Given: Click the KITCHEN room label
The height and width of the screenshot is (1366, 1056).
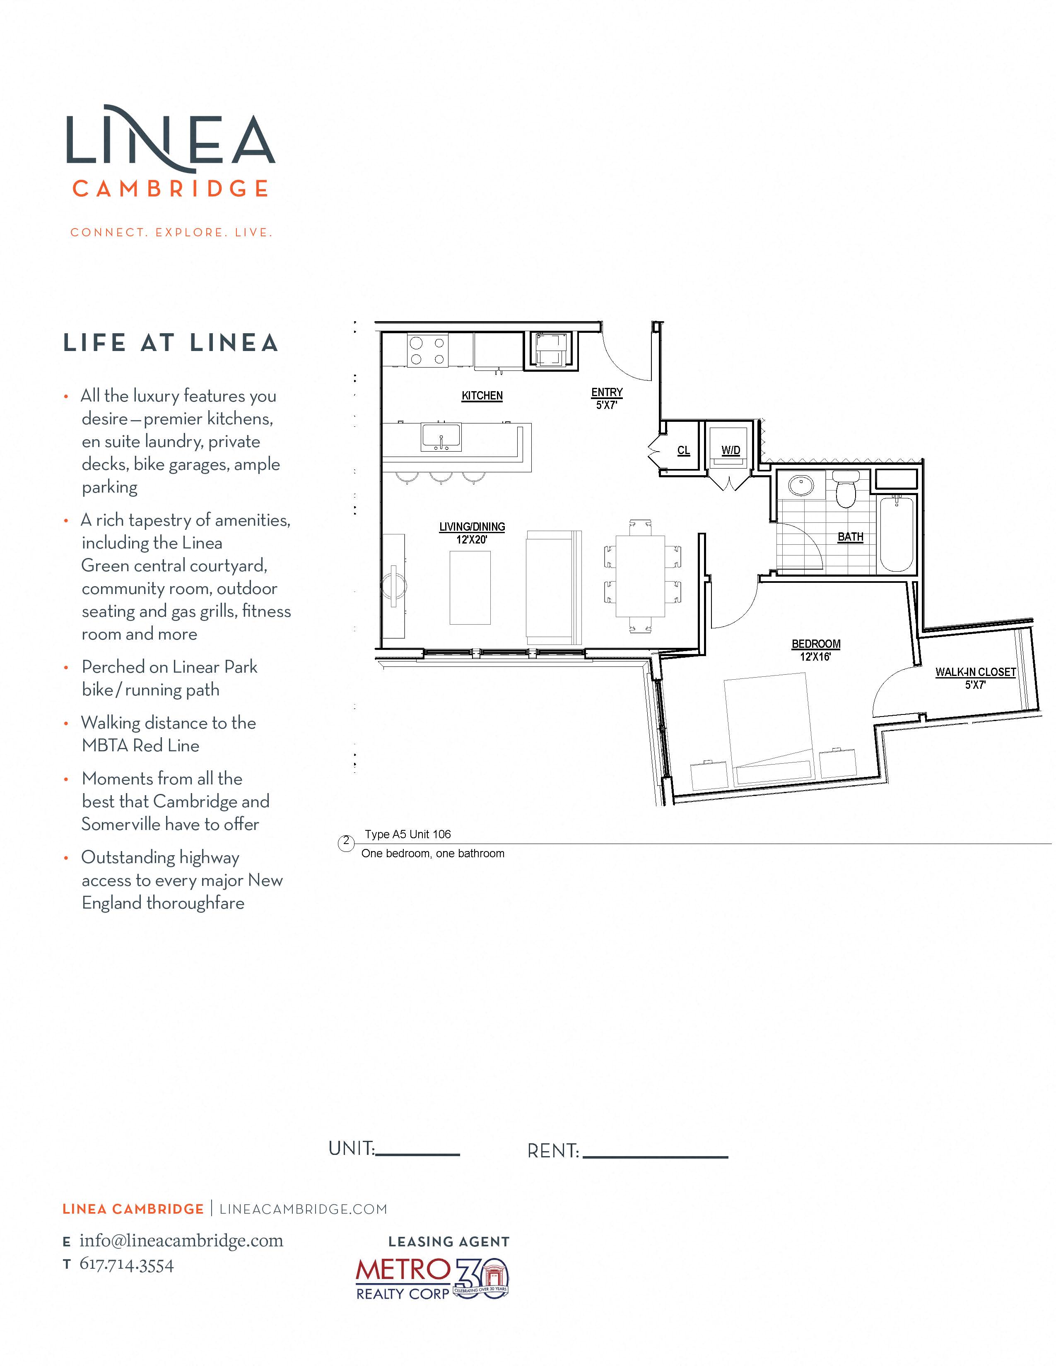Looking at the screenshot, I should pyautogui.click(x=482, y=395).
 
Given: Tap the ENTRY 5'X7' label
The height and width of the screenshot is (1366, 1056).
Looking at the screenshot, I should pyautogui.click(x=607, y=398).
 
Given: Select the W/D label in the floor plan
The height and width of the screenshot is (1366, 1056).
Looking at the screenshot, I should pyautogui.click(x=730, y=450).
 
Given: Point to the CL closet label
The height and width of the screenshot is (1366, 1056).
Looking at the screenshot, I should pyautogui.click(x=683, y=450).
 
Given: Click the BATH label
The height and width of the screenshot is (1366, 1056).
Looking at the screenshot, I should pyautogui.click(x=850, y=536).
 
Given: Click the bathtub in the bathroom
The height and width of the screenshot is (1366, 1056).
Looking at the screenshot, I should pyautogui.click(x=897, y=534).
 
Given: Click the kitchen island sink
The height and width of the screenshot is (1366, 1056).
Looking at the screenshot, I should pyautogui.click(x=441, y=437).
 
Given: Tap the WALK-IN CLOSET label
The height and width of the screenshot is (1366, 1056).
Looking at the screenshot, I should pyautogui.click(x=975, y=672).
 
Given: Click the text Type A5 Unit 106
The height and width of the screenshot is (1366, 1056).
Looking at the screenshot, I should pyautogui.click(x=408, y=835).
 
